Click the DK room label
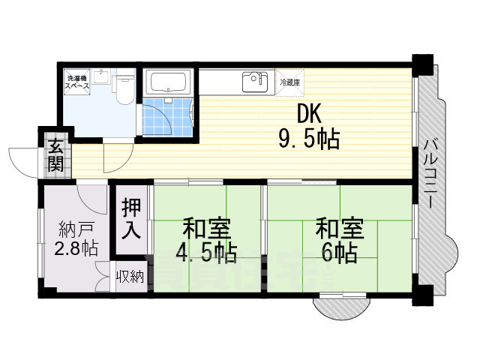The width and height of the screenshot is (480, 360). pos(310,114)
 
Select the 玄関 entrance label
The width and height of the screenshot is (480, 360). pos(56,155)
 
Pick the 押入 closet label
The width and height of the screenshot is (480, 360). pos(132,217)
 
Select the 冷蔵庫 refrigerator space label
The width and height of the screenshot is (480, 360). pos(289,82)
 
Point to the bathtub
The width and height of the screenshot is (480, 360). pos(169,82)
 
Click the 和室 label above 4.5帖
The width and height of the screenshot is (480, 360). pos(206,227)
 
